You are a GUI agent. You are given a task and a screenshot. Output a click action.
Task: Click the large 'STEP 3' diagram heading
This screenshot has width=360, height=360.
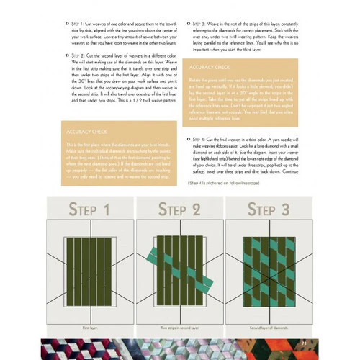[x=268, y=211]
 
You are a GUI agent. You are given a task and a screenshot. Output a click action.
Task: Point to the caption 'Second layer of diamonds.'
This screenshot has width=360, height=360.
[x=268, y=327]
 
